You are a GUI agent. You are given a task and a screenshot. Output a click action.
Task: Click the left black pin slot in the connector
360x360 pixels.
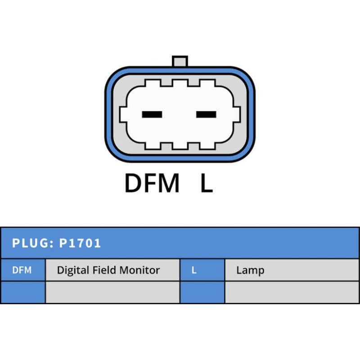pyautogui.click(x=152, y=114)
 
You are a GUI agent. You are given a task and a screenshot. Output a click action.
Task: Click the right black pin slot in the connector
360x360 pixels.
pyautogui.click(x=206, y=114)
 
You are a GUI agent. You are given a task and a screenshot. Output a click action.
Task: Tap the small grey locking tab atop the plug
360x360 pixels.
pyautogui.click(x=180, y=61)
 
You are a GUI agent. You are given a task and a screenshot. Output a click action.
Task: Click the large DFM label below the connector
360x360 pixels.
pyautogui.click(x=152, y=183)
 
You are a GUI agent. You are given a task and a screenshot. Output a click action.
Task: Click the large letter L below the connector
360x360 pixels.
pyautogui.click(x=207, y=183)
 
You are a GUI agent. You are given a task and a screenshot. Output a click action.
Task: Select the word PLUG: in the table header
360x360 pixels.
pyautogui.click(x=33, y=243)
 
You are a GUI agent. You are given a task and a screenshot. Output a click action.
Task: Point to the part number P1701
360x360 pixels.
pyautogui.click(x=80, y=243)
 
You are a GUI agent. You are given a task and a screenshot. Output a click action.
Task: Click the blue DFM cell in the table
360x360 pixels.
pyautogui.click(x=23, y=270)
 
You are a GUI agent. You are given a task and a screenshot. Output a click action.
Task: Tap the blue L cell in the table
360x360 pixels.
pyautogui.click(x=202, y=270)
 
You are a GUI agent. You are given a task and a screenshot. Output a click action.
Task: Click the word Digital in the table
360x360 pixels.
pyautogui.click(x=73, y=270)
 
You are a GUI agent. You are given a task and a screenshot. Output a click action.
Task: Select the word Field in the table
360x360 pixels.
pyautogui.click(x=104, y=270)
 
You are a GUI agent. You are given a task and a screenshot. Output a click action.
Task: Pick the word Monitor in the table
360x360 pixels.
pyautogui.click(x=139, y=270)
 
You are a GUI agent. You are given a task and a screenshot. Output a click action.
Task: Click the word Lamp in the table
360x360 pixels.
pyautogui.click(x=250, y=270)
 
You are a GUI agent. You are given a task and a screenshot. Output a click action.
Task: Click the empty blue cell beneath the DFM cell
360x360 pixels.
pyautogui.click(x=23, y=292)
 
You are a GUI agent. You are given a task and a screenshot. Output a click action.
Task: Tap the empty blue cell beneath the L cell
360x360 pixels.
pyautogui.click(x=202, y=292)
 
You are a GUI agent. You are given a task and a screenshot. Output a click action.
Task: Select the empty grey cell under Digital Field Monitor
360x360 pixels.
pyautogui.click(x=112, y=292)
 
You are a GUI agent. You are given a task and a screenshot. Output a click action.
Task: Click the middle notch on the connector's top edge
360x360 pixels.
pyautogui.click(x=180, y=83)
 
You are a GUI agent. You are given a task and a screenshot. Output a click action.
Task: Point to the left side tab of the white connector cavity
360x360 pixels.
pyautogui.click(x=123, y=114)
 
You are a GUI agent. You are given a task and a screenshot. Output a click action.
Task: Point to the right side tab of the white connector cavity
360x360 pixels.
pyautogui.click(x=237, y=114)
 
